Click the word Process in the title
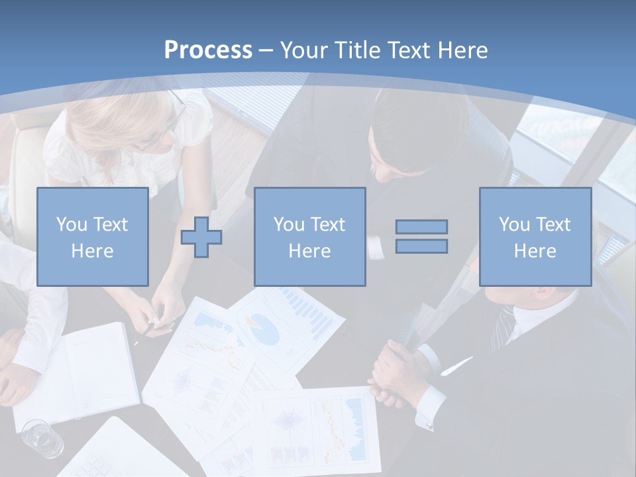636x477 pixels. click(208, 50)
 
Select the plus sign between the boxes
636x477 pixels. click(201, 237)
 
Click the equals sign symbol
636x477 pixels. click(421, 237)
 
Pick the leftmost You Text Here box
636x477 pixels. click(92, 237)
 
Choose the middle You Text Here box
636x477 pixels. click(309, 237)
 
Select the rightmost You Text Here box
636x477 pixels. click(535, 237)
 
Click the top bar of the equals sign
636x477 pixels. click(421, 227)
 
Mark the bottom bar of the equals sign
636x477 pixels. click(421, 246)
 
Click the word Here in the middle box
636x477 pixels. click(309, 251)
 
